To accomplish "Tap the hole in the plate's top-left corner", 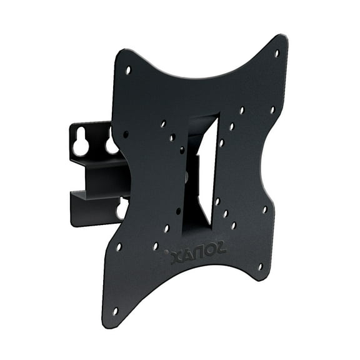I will click(128, 70).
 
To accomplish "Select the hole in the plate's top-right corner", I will click(277, 54).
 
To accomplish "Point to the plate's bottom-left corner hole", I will click(114, 311).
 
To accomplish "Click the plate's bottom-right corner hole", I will click(261, 266).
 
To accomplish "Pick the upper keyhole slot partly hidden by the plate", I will click(111, 144).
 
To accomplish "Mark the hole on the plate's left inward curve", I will click(126, 134).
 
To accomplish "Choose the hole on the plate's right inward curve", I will click(265, 209).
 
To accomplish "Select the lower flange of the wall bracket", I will click(94, 209).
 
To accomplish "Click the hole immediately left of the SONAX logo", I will click(156, 246).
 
